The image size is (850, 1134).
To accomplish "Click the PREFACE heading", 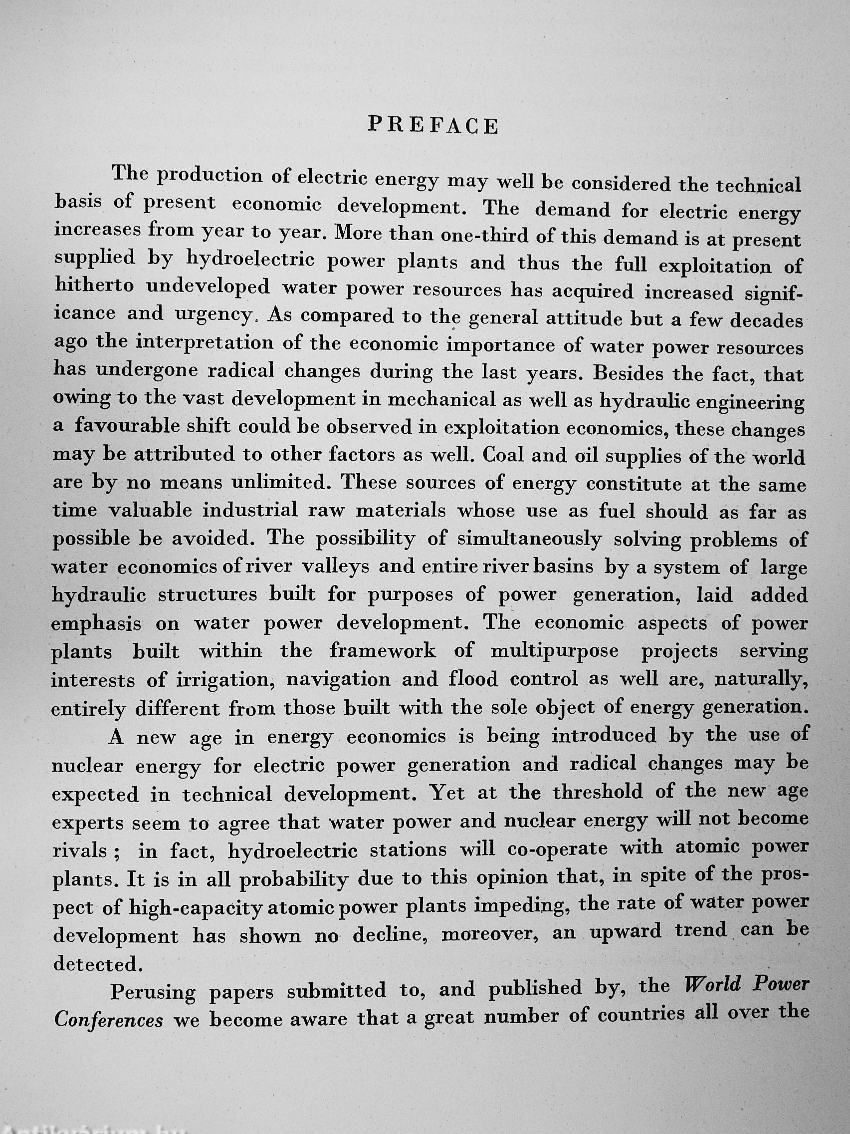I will pyautogui.click(x=433, y=125).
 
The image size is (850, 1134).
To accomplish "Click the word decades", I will pyautogui.click(x=766, y=321).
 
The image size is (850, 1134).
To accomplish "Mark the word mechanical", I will pyautogui.click(x=440, y=400).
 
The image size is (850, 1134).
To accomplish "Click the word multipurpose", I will pyautogui.click(x=554, y=650).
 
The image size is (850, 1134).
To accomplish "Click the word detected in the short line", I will pyautogui.click(x=96, y=964).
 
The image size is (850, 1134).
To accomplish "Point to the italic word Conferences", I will pyautogui.click(x=108, y=1019).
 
